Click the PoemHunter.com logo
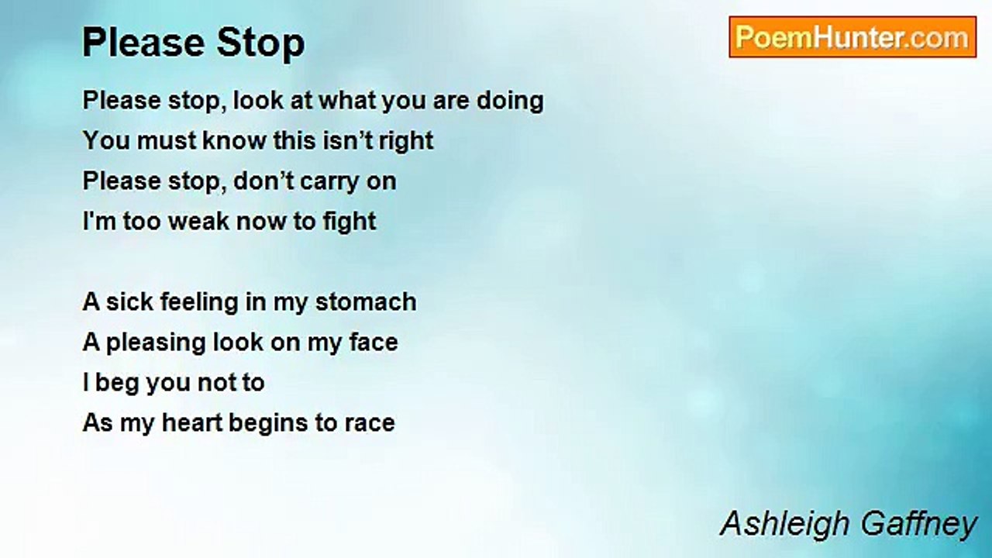click(852, 37)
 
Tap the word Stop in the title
click(260, 43)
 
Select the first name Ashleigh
click(784, 525)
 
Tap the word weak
click(199, 222)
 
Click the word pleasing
click(152, 343)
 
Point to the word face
click(373, 342)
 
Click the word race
click(372, 423)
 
